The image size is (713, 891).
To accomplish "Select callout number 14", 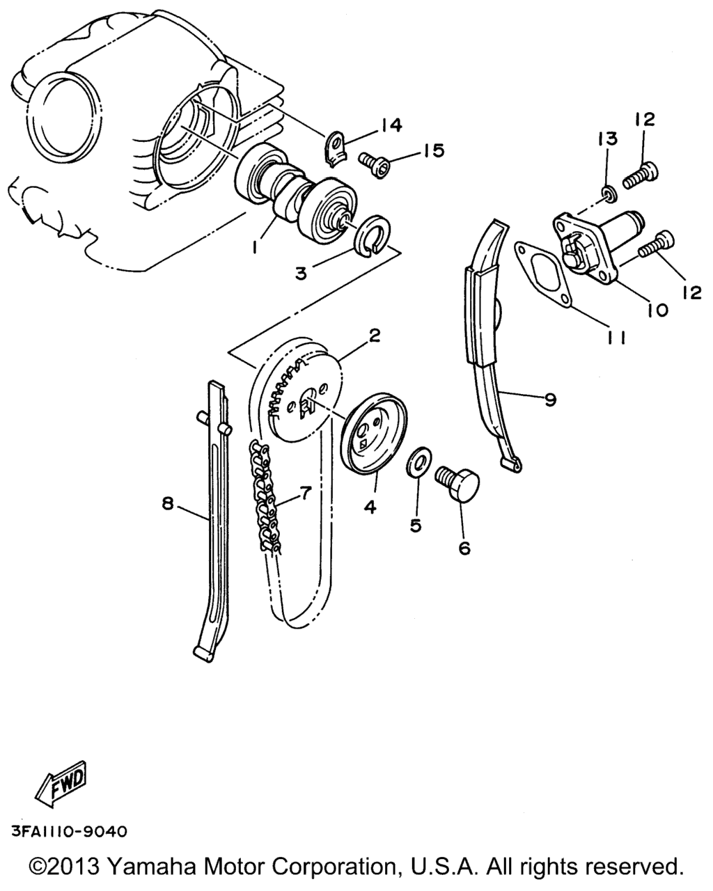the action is tap(391, 125).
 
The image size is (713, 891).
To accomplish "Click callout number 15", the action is tap(433, 150).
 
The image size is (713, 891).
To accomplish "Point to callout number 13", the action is tap(607, 139).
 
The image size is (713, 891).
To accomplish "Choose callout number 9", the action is tap(551, 400).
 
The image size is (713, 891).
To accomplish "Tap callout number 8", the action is tap(167, 504).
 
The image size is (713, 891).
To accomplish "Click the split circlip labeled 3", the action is tap(372, 235).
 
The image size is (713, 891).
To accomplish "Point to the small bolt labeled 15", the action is tap(374, 165).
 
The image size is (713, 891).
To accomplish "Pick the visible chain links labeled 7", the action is tap(264, 497).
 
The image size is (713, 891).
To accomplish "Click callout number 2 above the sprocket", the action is tap(374, 336).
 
